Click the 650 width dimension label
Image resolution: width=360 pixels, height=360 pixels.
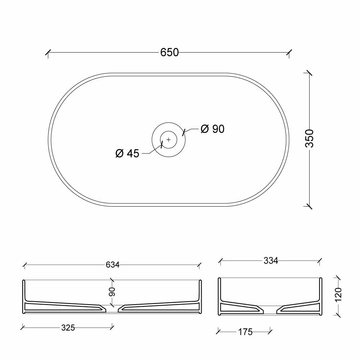pos(170,52)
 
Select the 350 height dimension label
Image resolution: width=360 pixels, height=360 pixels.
pos(310,138)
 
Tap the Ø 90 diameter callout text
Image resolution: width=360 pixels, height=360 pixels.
pos(212,129)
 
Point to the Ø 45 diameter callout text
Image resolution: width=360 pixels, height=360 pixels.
pos(127,153)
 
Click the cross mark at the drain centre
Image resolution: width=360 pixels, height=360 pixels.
pos(169,139)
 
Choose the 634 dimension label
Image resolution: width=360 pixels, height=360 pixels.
pos(112,265)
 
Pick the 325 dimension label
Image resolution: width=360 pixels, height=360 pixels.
pos(68,328)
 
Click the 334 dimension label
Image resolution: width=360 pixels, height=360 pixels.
pos(271,261)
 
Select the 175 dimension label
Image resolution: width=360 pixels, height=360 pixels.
pos(245,332)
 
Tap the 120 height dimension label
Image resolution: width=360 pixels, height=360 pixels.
pos(338,294)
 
